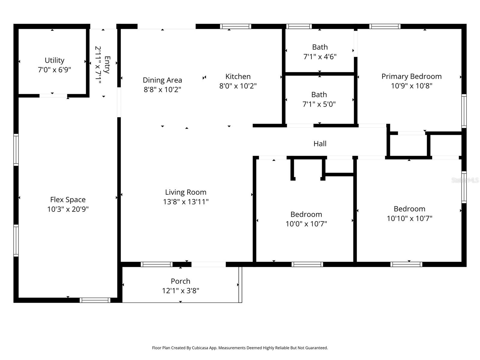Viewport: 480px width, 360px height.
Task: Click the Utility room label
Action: pos(54,60)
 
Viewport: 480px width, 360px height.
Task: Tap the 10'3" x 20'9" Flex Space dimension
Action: pos(68,209)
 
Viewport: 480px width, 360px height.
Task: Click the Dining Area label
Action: pos(162,80)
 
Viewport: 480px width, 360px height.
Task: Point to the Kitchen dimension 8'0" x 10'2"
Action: pos(238,86)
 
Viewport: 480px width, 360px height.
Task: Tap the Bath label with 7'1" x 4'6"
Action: pos(320,47)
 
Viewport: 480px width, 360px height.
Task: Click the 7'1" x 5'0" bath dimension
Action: pos(319,104)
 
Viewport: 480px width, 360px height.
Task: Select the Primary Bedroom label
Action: pos(411,76)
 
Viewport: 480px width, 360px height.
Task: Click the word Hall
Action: pos(320,144)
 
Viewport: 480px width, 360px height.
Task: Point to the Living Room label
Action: pos(186,192)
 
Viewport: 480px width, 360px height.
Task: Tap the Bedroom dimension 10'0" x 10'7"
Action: pos(306,224)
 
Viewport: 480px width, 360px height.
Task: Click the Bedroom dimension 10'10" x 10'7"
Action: pos(409,218)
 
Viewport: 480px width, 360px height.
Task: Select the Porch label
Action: pos(180,281)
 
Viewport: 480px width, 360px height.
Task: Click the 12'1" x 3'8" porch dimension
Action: pos(180,291)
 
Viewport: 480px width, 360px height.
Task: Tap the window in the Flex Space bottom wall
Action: pos(95,300)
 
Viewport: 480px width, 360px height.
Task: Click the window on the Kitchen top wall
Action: pos(235,26)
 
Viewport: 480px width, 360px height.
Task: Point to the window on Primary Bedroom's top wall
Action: pos(385,26)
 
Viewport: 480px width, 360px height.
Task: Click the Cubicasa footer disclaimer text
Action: pos(240,348)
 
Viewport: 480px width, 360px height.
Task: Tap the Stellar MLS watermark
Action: pos(465,180)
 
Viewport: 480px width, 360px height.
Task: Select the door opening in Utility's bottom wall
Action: pos(53,96)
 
